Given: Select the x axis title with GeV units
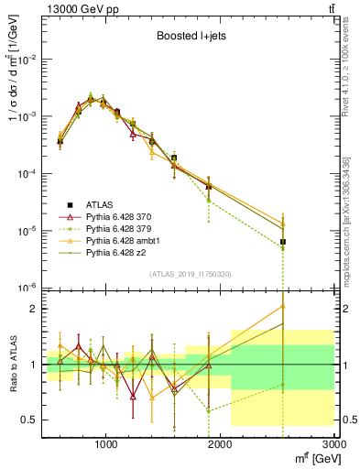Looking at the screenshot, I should click(x=311, y=458).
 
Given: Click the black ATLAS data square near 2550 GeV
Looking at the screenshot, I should click(x=284, y=242).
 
